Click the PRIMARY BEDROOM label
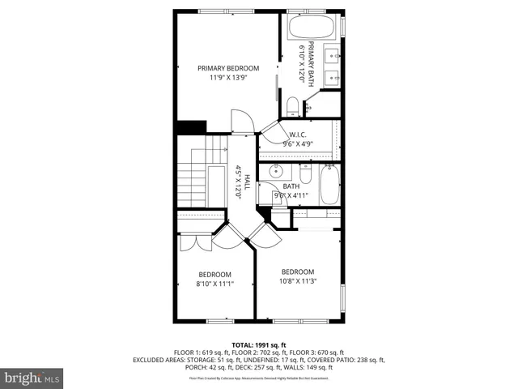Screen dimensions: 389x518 [228, 68]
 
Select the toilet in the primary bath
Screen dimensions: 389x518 [293, 105]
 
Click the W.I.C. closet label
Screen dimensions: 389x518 [298, 135]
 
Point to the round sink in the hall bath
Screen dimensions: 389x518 [275, 171]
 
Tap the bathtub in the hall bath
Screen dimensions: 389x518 [329, 185]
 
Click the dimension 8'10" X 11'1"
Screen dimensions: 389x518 [214, 284]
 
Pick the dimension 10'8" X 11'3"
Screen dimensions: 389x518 [297, 281]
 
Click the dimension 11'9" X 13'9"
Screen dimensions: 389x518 [228, 78]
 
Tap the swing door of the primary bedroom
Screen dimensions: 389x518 [242, 122]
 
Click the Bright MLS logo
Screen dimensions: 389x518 [32, 378]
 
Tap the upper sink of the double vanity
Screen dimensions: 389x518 [332, 55]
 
